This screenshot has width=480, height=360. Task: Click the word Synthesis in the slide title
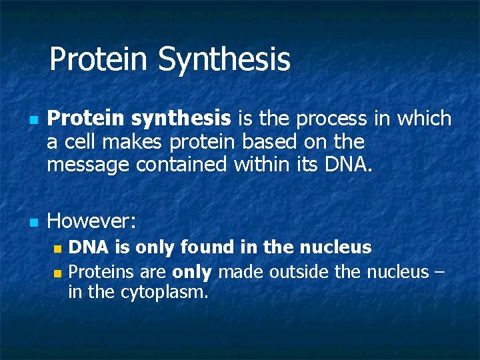(x=224, y=59)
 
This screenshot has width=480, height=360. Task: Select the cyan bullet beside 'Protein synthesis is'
(x=32, y=121)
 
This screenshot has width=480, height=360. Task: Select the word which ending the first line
(x=424, y=119)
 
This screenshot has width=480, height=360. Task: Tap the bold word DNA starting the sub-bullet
(x=89, y=248)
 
